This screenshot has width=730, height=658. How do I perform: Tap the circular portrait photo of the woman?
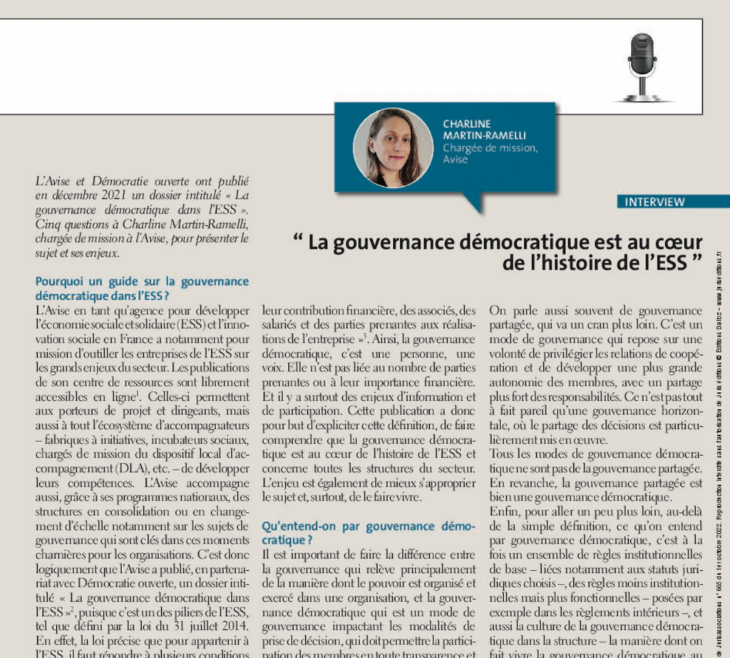(393, 148)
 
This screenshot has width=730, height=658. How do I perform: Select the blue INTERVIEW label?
(654, 202)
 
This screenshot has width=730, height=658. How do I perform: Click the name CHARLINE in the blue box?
(467, 124)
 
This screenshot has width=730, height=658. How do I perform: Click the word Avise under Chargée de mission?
(456, 160)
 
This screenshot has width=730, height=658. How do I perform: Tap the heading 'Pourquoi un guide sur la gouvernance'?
(142, 282)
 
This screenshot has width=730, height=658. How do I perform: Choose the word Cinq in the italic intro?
(47, 225)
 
